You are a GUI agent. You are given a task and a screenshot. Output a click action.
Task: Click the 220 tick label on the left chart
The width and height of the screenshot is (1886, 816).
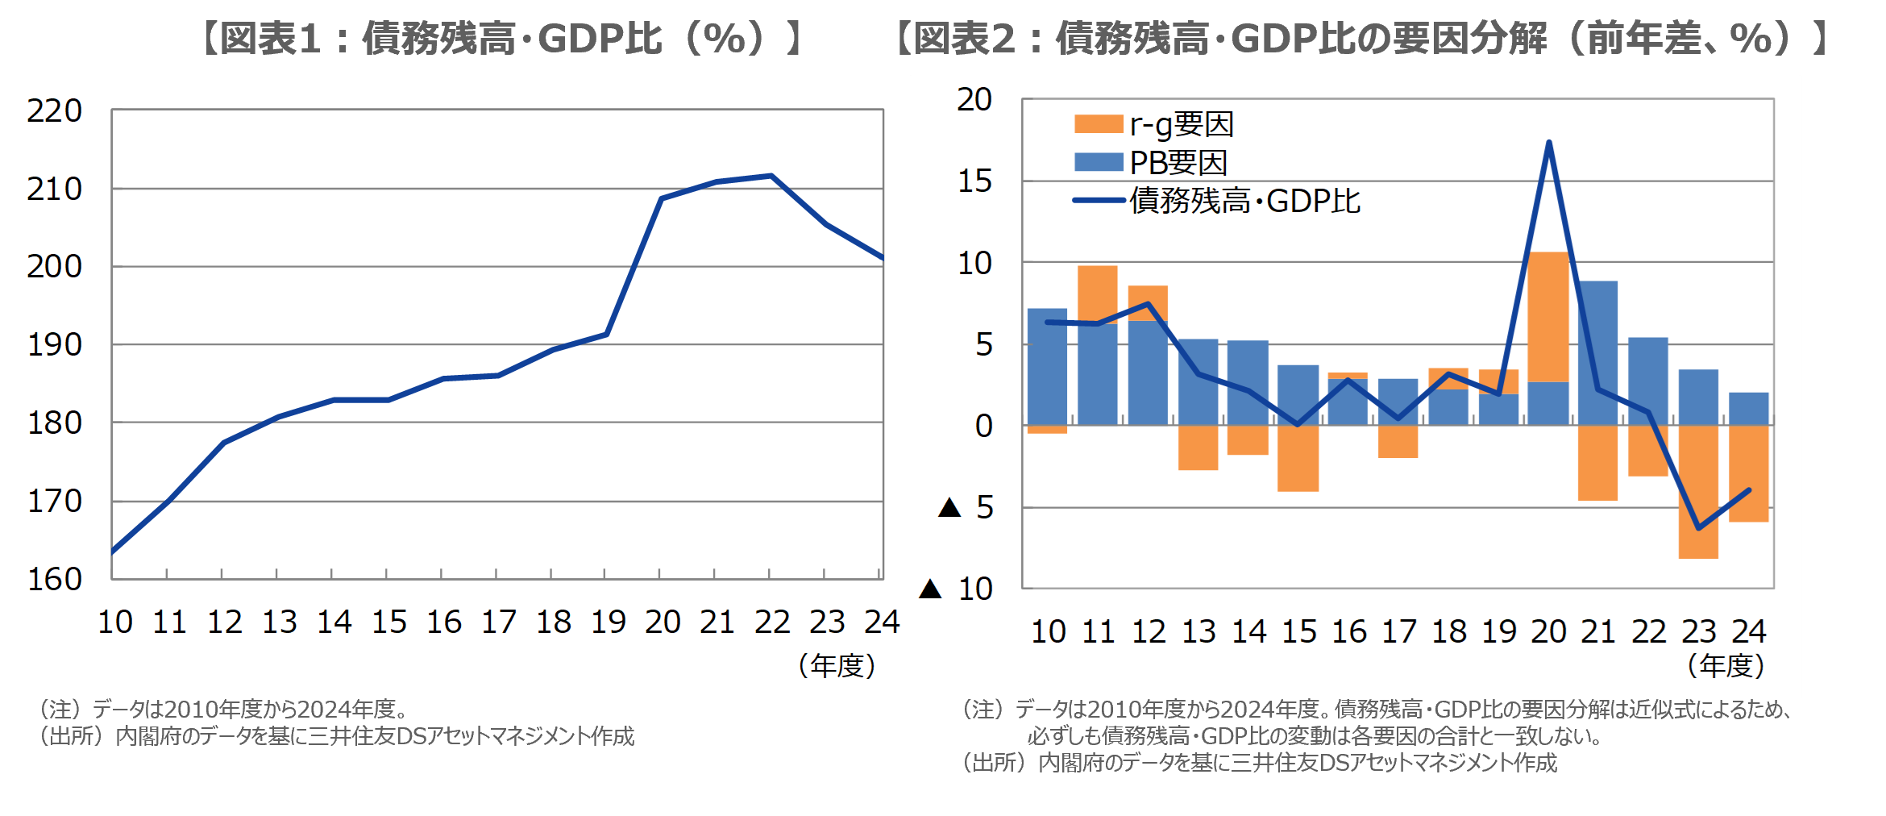pyautogui.click(x=54, y=110)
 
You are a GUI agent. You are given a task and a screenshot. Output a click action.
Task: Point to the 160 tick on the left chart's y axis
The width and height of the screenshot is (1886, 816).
pyautogui.click(x=54, y=579)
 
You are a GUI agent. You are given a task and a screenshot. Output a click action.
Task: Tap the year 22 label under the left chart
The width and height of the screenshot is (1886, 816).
pyautogui.click(x=771, y=622)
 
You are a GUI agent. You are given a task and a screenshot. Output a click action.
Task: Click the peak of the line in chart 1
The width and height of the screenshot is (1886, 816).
pyautogui.click(x=771, y=175)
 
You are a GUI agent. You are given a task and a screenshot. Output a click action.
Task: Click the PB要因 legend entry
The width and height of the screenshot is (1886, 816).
pyautogui.click(x=1151, y=163)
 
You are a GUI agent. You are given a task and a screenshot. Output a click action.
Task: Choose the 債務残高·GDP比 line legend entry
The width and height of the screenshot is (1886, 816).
pyautogui.click(x=1217, y=201)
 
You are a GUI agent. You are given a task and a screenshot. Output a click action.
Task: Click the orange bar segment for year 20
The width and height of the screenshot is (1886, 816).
pyautogui.click(x=1548, y=317)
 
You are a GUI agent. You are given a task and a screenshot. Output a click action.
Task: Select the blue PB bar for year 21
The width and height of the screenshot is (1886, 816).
pyautogui.click(x=1597, y=353)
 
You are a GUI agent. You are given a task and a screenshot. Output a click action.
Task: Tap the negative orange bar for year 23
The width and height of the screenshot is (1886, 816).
pyautogui.click(x=1698, y=492)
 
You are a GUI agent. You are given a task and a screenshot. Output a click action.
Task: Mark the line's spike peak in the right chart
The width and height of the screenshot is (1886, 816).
pyautogui.click(x=1549, y=143)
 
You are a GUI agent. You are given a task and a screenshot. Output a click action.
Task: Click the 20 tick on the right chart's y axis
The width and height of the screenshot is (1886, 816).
pyautogui.click(x=974, y=100)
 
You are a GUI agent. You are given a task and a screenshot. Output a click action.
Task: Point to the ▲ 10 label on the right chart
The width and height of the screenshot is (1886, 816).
pyautogui.click(x=957, y=589)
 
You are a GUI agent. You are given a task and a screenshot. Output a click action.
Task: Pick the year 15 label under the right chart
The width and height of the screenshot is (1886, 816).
pyautogui.click(x=1298, y=631)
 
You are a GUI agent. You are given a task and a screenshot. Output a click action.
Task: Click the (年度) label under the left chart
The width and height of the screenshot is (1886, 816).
pyautogui.click(x=837, y=665)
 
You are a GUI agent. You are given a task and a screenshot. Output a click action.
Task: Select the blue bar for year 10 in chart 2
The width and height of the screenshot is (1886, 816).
pyautogui.click(x=1047, y=367)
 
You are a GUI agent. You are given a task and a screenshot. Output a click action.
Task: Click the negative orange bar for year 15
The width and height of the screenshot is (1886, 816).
pyautogui.click(x=1298, y=458)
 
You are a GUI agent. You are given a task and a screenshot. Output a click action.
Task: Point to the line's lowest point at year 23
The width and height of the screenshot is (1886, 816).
pyautogui.click(x=1698, y=528)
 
